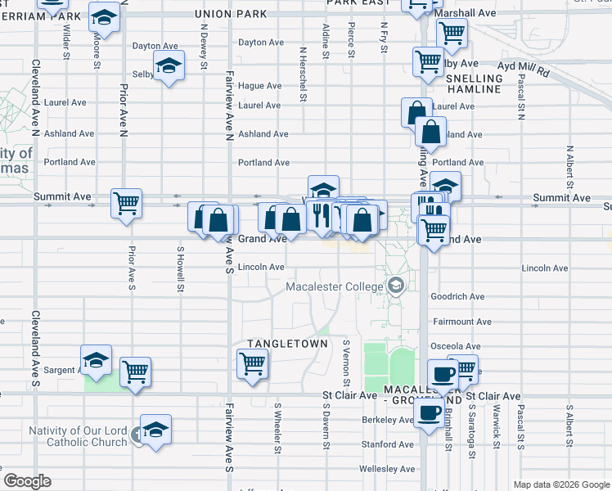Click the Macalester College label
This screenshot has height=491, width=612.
(334, 286)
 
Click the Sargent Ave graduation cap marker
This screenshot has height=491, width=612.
(96, 360)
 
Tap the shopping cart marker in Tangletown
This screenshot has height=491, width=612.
(252, 363)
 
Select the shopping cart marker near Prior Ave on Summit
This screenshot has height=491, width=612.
(126, 203)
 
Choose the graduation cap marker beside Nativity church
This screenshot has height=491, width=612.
(155, 429)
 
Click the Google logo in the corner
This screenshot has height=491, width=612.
(27, 481)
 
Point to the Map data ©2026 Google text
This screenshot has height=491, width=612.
(560, 484)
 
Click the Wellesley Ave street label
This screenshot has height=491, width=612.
(387, 469)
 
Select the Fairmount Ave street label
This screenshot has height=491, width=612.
(461, 322)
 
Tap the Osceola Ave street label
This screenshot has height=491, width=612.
(460, 347)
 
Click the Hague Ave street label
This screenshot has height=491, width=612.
(260, 86)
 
